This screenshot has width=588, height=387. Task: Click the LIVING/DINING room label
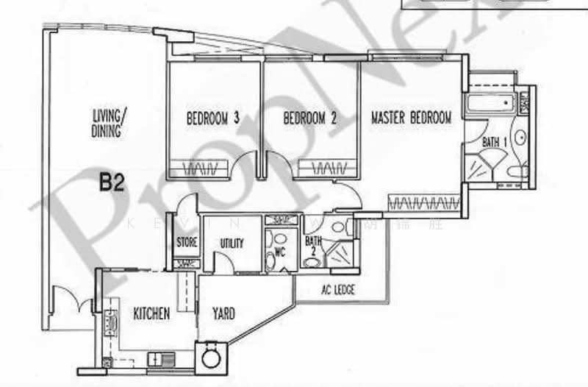110,122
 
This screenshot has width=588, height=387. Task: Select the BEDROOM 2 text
309,117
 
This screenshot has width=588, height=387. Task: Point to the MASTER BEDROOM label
411,117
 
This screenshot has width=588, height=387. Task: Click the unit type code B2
112,182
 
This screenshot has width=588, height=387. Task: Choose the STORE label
185,243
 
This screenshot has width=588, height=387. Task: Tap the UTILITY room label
232,243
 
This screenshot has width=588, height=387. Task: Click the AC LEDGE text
338,291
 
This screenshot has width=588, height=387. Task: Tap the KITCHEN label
151,313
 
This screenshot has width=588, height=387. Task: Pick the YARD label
223,313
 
